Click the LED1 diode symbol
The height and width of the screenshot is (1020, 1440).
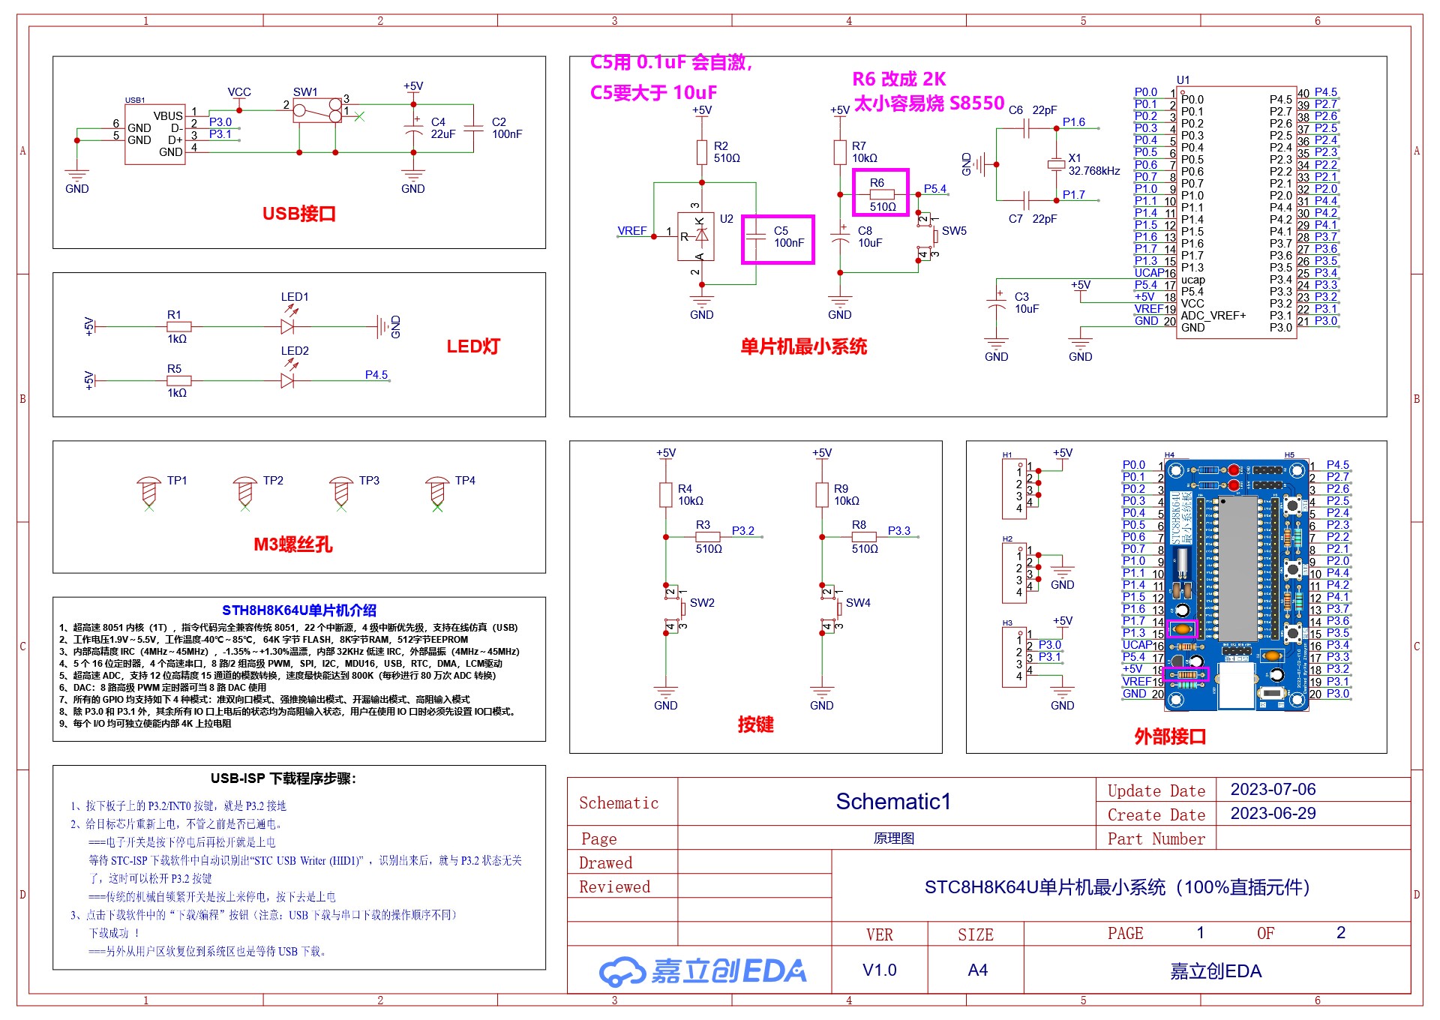coord(287,326)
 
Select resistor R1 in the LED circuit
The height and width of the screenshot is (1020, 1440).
coord(178,326)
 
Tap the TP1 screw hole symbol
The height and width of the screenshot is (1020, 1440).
coord(148,492)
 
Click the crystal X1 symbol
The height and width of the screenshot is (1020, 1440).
coord(1056,164)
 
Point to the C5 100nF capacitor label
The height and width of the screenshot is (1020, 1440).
coord(787,237)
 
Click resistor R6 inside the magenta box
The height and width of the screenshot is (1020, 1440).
coord(881,194)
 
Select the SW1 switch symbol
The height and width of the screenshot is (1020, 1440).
coord(317,112)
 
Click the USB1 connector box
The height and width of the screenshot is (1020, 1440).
coord(154,134)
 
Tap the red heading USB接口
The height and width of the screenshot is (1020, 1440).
coord(298,214)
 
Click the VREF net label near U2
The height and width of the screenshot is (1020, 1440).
coord(631,231)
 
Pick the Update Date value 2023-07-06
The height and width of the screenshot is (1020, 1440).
coord(1273,789)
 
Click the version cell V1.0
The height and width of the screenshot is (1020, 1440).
coord(879,970)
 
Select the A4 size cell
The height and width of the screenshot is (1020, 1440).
coord(976,970)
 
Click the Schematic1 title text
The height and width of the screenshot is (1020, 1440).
coord(892,802)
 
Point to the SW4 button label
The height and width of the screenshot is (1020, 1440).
coord(858,603)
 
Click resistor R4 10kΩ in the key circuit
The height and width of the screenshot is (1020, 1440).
coord(665,494)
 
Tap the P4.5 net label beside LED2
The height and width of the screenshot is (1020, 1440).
coord(376,375)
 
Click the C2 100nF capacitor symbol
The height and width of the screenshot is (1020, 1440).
coord(473,128)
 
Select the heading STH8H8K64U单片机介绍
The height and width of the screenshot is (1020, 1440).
coord(298,610)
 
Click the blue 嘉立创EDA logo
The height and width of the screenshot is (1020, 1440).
coord(702,971)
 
